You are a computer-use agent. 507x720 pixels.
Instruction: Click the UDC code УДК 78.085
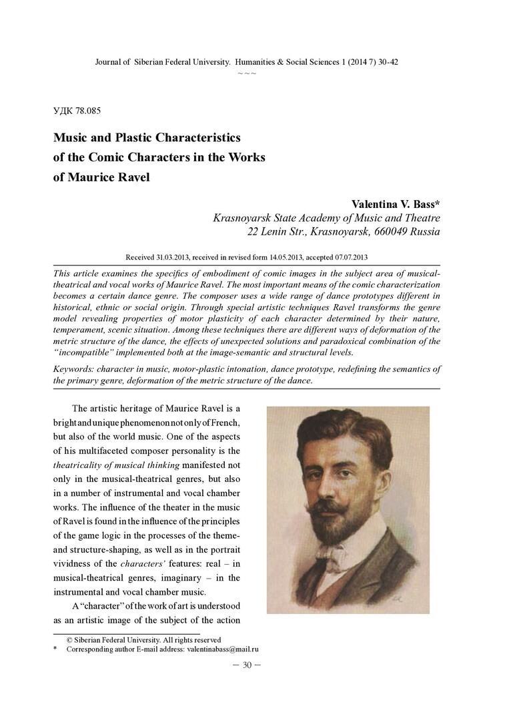click(x=77, y=111)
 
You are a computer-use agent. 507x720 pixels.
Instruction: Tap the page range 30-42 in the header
click(x=387, y=61)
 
